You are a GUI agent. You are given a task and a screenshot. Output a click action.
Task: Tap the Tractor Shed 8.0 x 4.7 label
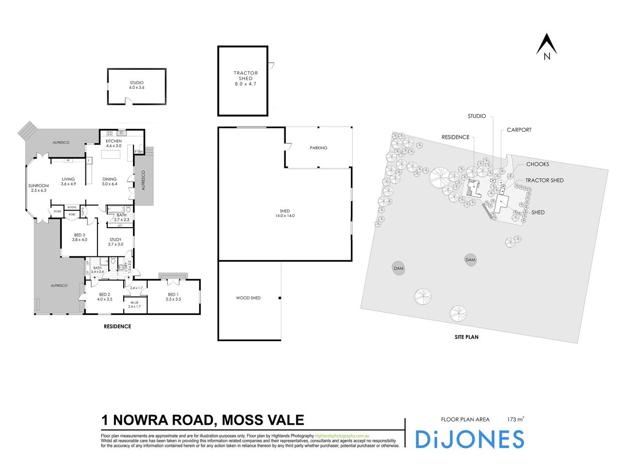point(246,79)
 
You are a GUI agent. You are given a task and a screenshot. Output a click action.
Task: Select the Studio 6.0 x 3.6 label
point(136,85)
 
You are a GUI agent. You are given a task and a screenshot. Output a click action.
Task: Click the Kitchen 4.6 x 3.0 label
point(114,143)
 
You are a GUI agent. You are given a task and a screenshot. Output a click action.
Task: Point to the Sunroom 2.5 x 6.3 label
point(38,188)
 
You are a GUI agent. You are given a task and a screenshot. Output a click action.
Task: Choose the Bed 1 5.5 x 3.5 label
point(173,297)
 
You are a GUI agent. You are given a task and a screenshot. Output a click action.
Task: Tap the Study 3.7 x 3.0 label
point(115,242)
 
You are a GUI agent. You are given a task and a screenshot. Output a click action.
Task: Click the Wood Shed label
point(248,298)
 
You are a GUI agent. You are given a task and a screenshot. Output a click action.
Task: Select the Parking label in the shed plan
point(318,148)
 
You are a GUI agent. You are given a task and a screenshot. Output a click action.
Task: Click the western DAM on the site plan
point(398,268)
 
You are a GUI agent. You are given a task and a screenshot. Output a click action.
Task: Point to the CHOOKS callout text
point(537,165)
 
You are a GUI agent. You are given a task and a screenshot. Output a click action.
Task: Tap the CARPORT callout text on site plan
point(519,130)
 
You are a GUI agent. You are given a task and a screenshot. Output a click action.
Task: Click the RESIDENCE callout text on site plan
point(455,137)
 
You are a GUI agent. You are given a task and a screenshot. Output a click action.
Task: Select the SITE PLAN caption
point(466,336)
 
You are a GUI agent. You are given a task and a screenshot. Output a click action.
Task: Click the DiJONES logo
point(469,439)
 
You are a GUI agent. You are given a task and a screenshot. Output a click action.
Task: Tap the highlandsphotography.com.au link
point(343,436)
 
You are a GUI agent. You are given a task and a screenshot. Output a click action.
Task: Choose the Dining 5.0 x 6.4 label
point(110,182)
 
